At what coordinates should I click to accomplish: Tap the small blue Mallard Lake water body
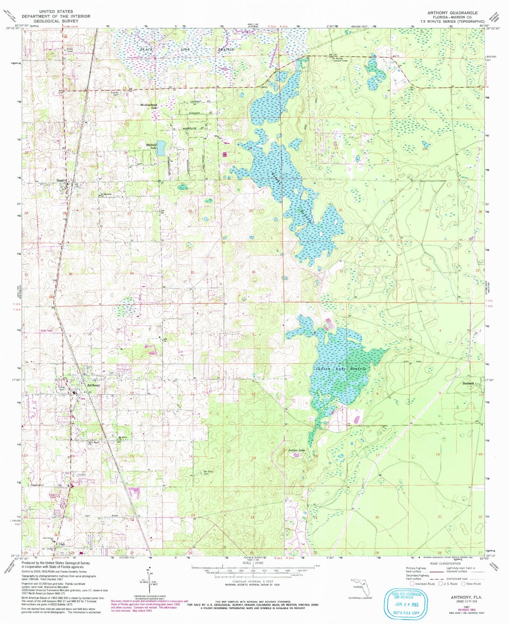[161, 148]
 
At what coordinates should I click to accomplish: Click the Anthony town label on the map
[94, 385]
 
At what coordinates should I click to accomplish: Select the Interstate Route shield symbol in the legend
[412, 584]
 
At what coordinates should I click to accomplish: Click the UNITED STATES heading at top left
[56, 12]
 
